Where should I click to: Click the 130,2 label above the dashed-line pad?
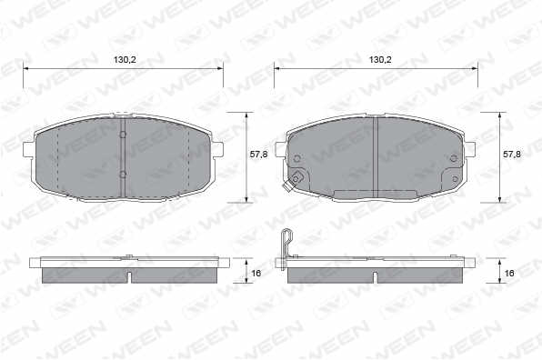click(125, 60)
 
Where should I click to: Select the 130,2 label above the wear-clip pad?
click(380, 60)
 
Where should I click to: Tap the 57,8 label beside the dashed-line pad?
click(258, 155)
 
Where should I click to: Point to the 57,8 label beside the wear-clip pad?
click(512, 155)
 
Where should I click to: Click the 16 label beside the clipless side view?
click(256, 274)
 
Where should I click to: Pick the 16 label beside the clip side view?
click(509, 274)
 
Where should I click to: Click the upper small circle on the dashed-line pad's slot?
click(123, 135)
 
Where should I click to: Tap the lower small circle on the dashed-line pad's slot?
click(123, 175)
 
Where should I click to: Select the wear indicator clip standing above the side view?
click(286, 249)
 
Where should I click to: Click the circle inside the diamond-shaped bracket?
click(296, 178)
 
